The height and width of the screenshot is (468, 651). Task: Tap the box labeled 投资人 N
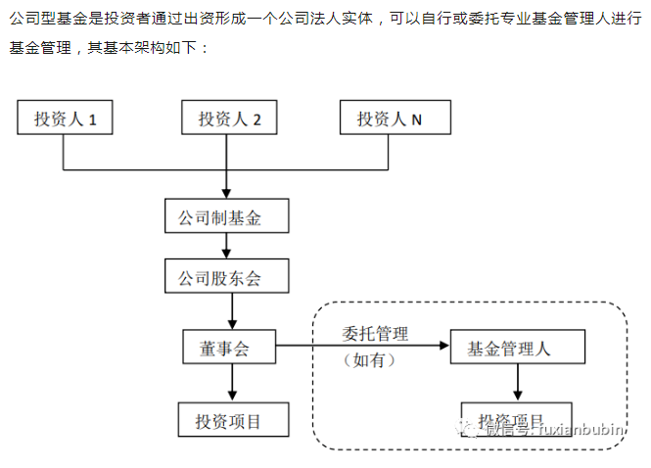click(390, 119)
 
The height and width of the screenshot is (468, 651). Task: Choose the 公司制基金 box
click(227, 216)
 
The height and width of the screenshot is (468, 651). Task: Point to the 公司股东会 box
click(227, 277)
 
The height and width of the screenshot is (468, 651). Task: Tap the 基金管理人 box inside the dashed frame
click(517, 348)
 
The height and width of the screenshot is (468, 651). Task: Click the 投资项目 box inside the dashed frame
click(517, 415)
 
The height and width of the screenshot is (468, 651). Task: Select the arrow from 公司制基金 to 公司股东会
click(227, 246)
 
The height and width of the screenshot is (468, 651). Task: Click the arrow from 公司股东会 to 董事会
click(231, 311)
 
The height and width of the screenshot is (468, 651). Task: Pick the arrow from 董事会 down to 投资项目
click(231, 384)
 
